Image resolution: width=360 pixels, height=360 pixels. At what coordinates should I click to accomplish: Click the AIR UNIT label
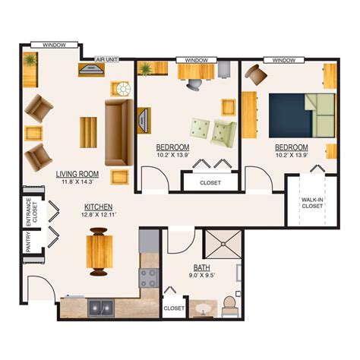[107, 59]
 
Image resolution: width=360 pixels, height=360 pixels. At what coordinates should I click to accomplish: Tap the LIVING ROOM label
[77, 174]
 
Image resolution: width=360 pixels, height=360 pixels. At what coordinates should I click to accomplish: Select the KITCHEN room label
[98, 207]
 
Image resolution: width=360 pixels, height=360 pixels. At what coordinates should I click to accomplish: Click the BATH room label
[202, 267]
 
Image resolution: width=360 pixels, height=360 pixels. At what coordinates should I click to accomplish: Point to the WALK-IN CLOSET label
[312, 203]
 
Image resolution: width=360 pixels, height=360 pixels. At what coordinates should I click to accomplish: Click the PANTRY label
[28, 242]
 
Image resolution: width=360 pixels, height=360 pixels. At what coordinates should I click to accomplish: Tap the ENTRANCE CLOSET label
[32, 212]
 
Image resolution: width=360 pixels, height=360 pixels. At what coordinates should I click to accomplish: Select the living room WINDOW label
[54, 46]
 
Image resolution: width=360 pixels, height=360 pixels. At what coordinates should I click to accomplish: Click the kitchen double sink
[101, 308]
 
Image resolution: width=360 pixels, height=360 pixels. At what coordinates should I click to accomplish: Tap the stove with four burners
[149, 278]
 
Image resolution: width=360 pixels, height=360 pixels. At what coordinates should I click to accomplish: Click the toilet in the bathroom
[230, 307]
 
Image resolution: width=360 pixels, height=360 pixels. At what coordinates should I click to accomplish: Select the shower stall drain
[223, 244]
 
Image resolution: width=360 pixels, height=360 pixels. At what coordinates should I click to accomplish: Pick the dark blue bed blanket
[290, 115]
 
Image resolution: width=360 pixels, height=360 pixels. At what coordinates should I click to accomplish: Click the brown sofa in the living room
[119, 132]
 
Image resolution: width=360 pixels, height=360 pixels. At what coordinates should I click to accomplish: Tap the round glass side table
[124, 89]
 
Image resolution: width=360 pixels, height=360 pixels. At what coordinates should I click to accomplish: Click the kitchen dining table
[99, 251]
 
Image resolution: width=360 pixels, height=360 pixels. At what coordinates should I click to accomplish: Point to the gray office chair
[194, 84]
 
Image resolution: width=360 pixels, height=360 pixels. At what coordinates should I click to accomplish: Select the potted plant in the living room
[30, 60]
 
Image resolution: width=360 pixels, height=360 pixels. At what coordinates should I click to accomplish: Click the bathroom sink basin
[204, 308]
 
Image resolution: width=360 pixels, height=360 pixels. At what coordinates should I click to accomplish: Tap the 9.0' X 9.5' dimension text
[202, 275]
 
